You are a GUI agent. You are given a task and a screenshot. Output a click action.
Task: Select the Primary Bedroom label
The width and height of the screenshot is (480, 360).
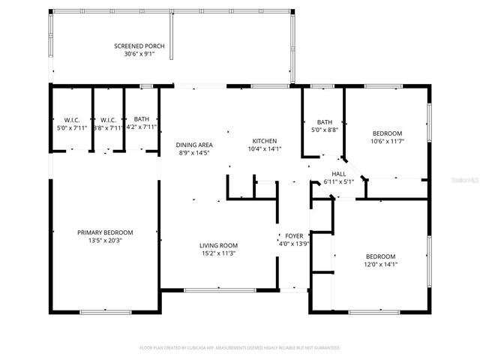click(x=105, y=232)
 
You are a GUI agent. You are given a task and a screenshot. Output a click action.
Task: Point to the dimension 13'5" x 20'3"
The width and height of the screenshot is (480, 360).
click(x=105, y=241)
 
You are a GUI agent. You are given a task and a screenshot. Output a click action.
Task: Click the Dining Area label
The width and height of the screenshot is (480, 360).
click(x=194, y=145)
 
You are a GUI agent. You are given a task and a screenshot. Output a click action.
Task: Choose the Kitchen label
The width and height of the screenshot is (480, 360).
click(x=265, y=141)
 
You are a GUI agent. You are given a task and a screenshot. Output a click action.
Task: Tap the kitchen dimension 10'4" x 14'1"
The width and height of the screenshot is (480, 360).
click(x=265, y=148)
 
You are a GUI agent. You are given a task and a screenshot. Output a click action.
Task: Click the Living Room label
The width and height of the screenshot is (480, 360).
click(x=218, y=245)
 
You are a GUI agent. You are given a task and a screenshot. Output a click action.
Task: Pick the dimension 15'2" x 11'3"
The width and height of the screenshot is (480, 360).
click(x=218, y=253)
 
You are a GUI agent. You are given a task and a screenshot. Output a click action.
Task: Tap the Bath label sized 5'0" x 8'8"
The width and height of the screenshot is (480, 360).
click(x=324, y=122)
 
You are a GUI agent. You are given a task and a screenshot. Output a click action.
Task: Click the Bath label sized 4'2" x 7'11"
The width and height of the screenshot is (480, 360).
click(x=141, y=119)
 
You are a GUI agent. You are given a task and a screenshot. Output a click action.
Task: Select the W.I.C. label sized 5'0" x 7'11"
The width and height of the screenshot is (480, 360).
click(x=71, y=119)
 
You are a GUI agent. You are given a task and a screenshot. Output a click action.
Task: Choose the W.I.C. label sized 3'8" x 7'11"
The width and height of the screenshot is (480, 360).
click(x=107, y=119)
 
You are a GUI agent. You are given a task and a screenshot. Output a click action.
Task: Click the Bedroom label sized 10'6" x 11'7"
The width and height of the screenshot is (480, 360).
click(x=387, y=133)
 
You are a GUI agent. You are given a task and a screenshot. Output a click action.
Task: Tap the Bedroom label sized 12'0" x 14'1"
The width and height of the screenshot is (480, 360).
click(x=379, y=256)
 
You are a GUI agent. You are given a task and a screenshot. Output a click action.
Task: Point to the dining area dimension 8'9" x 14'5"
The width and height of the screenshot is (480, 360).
click(x=194, y=153)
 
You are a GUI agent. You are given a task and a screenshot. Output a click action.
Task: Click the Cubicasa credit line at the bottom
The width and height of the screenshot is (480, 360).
click(x=240, y=348)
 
